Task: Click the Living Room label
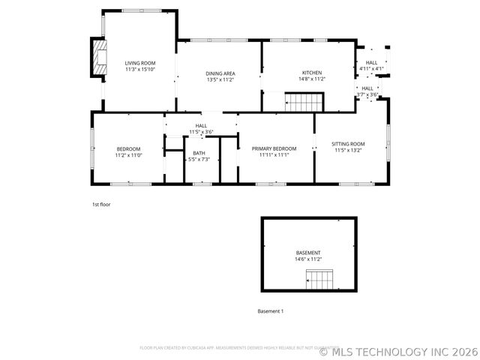pyautogui.click(x=139, y=63)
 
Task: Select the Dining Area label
pyautogui.click(x=220, y=73)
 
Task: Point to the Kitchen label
pyautogui.click(x=311, y=73)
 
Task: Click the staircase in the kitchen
pyautogui.click(x=304, y=100)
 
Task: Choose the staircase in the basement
pyautogui.click(x=319, y=280)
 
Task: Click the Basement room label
pyautogui.click(x=308, y=253)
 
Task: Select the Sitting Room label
pyautogui.click(x=348, y=144)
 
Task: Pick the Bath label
pyautogui.click(x=199, y=153)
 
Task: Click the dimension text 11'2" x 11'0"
pyautogui.click(x=128, y=155)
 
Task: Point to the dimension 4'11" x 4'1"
pyautogui.click(x=371, y=69)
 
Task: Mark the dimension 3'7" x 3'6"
pyautogui.click(x=367, y=94)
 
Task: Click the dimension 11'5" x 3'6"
pyautogui.click(x=201, y=132)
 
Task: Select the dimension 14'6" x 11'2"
pyautogui.click(x=308, y=259)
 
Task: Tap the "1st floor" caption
pyautogui.click(x=100, y=203)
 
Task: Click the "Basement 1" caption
pyautogui.click(x=270, y=311)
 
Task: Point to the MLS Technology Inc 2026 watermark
pyautogui.click(x=398, y=349)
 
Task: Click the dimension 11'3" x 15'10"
pyautogui.click(x=139, y=70)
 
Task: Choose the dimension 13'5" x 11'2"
pyautogui.click(x=220, y=79)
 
